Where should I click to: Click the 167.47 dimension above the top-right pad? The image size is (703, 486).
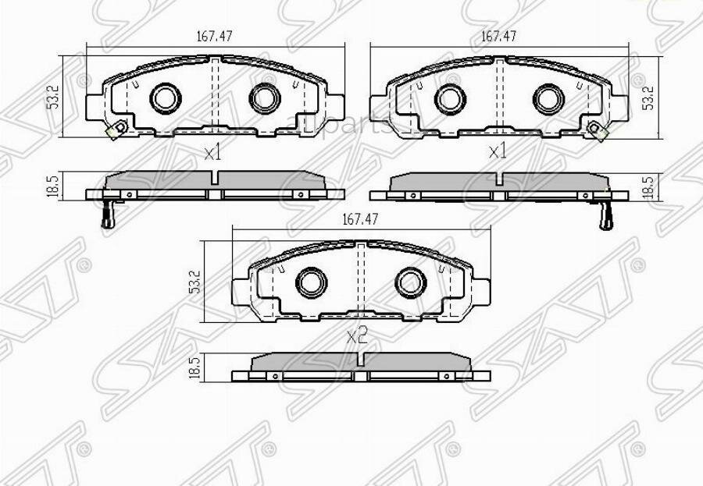[x=499, y=36]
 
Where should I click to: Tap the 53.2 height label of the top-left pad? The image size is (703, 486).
[x=52, y=98]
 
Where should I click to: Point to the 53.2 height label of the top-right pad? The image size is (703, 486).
[x=647, y=98]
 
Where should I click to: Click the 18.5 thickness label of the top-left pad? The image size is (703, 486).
[x=52, y=188]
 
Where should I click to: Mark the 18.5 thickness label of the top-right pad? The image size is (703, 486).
[x=647, y=188]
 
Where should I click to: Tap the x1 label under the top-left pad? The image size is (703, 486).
[x=212, y=153]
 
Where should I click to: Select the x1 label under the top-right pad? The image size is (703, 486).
[x=497, y=153]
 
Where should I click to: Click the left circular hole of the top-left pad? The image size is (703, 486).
[x=164, y=98]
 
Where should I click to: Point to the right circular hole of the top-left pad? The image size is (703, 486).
[x=263, y=98]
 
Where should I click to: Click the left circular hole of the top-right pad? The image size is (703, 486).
[x=449, y=98]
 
